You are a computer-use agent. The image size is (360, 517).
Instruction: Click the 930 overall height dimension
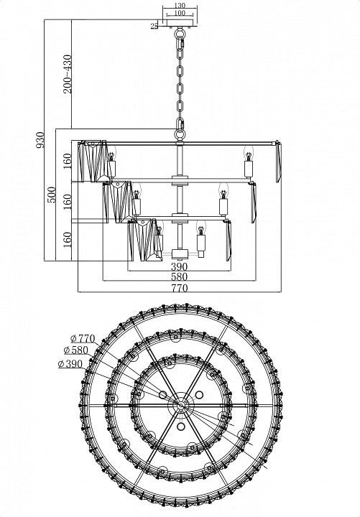(x=40, y=140)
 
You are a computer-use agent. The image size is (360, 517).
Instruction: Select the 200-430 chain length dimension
(x=68, y=74)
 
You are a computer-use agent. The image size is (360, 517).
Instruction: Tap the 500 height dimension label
(x=51, y=195)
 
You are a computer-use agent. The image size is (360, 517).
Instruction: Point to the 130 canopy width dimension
(x=180, y=5)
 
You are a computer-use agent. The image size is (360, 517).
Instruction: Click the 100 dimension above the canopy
(x=180, y=13)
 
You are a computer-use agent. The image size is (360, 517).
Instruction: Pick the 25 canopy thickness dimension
(x=154, y=27)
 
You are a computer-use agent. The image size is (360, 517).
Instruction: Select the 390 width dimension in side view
(x=179, y=266)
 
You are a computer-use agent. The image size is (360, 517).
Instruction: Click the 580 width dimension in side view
(x=179, y=276)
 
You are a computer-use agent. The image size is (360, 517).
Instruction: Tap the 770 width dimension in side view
(x=179, y=288)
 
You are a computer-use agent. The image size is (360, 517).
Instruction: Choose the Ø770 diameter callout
(x=83, y=339)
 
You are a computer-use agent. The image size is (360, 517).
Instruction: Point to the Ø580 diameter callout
(x=76, y=350)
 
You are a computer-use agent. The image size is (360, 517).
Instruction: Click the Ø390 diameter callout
(x=70, y=364)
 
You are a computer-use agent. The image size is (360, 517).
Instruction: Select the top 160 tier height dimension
(x=67, y=161)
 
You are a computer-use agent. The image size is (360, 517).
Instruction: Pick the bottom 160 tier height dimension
(x=67, y=240)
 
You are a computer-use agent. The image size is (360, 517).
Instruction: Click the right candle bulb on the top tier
(x=249, y=154)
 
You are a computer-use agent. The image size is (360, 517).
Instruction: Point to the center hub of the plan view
(x=180, y=405)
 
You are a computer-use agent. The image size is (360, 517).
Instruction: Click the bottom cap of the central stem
(x=180, y=253)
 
